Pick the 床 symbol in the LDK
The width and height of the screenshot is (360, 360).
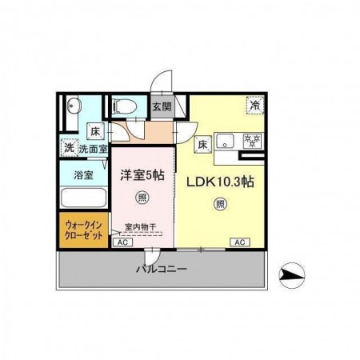(x=203, y=145)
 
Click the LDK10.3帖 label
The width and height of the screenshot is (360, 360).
(x=220, y=182)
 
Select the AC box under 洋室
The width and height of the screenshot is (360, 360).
(x=122, y=242)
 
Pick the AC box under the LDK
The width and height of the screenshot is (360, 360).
(x=238, y=242)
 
